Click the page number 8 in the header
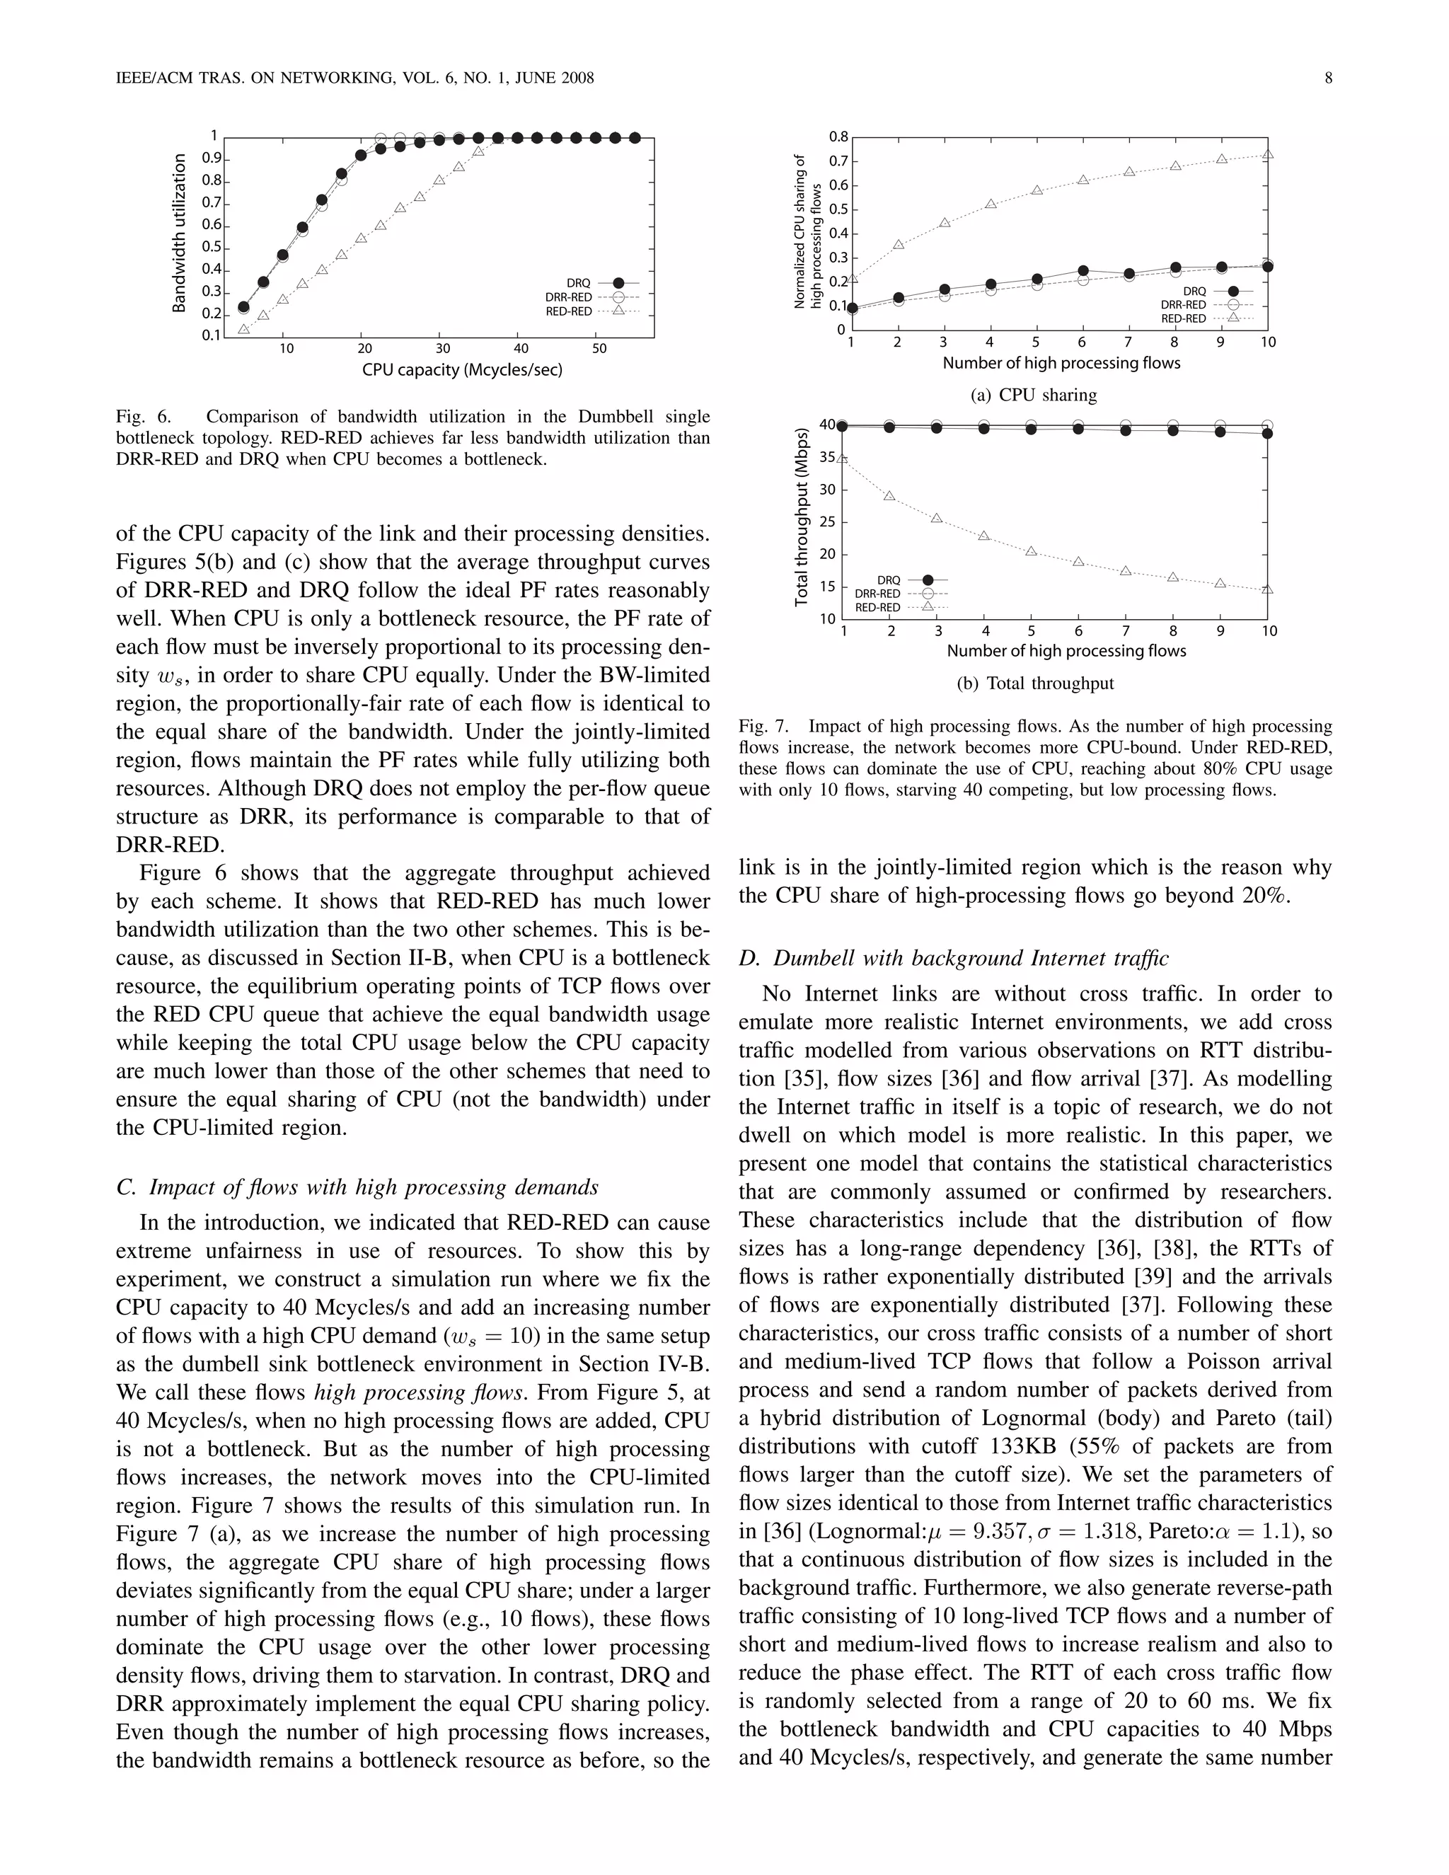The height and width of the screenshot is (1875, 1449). [x=1328, y=78]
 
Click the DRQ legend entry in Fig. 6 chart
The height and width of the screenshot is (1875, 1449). [x=601, y=282]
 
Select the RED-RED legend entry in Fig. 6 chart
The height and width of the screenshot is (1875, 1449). [x=591, y=311]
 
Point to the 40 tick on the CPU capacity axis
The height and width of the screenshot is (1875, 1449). [x=521, y=349]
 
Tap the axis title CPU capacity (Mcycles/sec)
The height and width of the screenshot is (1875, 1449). [x=462, y=370]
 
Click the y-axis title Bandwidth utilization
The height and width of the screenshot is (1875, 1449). [x=180, y=233]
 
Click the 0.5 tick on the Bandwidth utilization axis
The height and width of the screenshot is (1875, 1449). [x=211, y=247]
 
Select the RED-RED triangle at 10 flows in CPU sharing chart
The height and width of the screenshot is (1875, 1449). [x=1267, y=154]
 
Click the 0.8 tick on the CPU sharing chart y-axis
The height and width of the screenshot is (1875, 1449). [x=838, y=137]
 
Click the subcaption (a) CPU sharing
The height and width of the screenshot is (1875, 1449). [x=1034, y=395]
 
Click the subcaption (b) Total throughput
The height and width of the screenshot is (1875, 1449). [x=1034, y=683]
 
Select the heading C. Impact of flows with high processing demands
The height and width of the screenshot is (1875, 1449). [x=357, y=1187]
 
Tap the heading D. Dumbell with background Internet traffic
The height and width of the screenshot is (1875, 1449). [x=953, y=958]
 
